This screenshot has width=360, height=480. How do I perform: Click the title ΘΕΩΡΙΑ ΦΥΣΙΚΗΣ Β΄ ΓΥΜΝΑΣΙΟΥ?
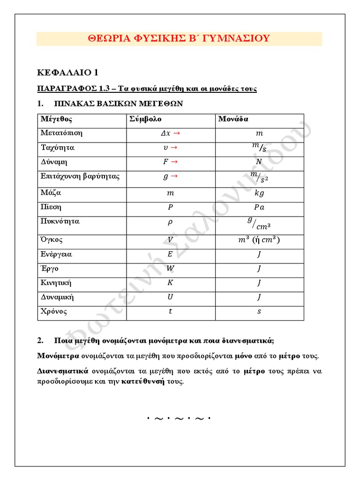click(179, 38)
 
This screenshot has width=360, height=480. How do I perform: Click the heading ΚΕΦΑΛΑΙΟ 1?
click(67, 72)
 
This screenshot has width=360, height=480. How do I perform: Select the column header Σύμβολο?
click(145, 119)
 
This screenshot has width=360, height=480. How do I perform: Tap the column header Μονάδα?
click(233, 119)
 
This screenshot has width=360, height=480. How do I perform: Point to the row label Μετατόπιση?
click(61, 133)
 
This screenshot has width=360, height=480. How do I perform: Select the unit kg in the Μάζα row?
click(259, 193)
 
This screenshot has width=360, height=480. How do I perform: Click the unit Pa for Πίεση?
click(259, 207)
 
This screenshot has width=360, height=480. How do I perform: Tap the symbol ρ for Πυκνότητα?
click(170, 222)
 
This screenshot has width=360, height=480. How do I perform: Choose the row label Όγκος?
click(52, 240)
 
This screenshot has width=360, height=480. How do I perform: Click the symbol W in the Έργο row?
click(170, 269)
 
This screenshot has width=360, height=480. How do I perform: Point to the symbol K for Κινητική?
click(170, 283)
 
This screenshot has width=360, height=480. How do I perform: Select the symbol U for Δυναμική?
click(170, 297)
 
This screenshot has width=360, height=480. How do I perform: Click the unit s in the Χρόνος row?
click(259, 312)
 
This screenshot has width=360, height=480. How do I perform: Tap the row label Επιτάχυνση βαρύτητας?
click(80, 177)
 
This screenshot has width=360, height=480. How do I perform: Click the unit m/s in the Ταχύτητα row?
click(259, 148)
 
